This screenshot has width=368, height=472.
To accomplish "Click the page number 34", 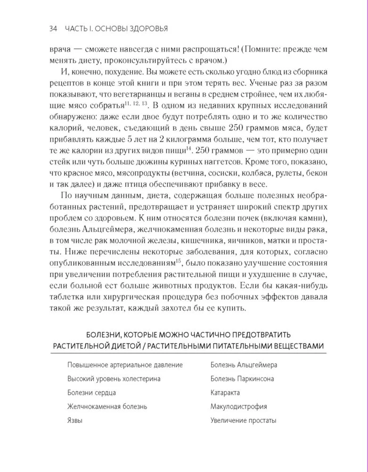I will pyautogui.click(x=53, y=29).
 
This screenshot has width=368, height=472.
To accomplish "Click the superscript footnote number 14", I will pyautogui.click(x=188, y=148).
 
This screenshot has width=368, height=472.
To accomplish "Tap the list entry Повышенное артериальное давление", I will pyautogui.click(x=125, y=365).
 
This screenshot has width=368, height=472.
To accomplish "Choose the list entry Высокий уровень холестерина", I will pyautogui.click(x=114, y=379).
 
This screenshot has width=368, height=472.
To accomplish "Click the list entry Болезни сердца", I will pyautogui.click(x=91, y=393).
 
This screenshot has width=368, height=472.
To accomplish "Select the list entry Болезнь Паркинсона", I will pyautogui.click(x=242, y=379).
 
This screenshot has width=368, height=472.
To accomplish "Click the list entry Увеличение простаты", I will pyautogui.click(x=243, y=421).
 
